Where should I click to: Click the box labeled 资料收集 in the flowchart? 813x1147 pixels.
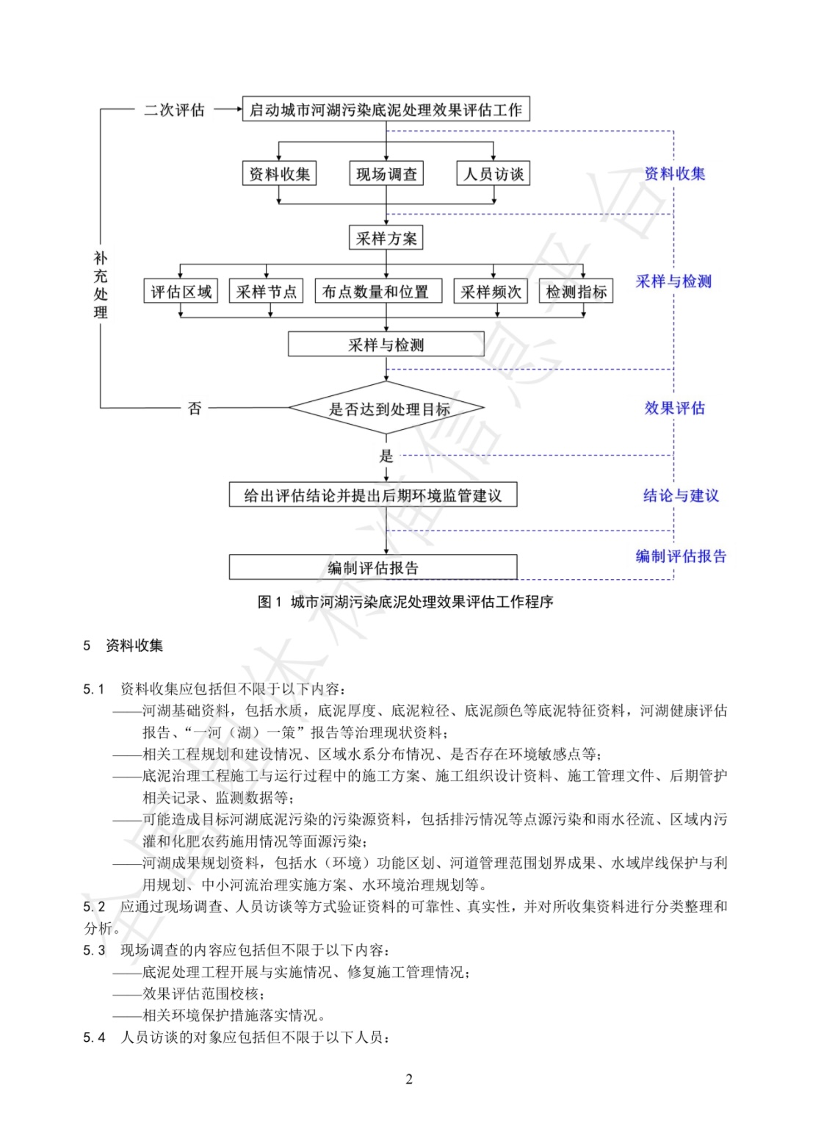279,173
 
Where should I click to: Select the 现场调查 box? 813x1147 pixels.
386,173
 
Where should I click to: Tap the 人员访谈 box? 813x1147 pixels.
494,173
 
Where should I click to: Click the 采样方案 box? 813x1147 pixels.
386,237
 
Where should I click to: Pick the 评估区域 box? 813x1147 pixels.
181,291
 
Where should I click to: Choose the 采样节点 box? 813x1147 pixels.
266,291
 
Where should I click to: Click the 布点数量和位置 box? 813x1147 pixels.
379,291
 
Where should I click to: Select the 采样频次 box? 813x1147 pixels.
491,291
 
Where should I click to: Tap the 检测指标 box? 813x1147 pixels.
576,291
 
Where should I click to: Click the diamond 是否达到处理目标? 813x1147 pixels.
386,408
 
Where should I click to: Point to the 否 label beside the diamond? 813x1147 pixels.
195,408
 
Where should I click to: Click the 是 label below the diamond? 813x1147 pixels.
386,456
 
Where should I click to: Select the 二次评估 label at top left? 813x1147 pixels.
174,109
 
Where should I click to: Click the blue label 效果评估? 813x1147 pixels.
674,408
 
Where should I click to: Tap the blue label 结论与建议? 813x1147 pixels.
681,495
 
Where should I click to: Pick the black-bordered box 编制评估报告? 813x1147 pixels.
373,567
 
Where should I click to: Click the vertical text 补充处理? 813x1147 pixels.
101,284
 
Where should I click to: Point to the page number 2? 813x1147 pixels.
409,1079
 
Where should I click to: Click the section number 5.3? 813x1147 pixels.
94,950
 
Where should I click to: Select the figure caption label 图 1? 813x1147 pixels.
270,602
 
